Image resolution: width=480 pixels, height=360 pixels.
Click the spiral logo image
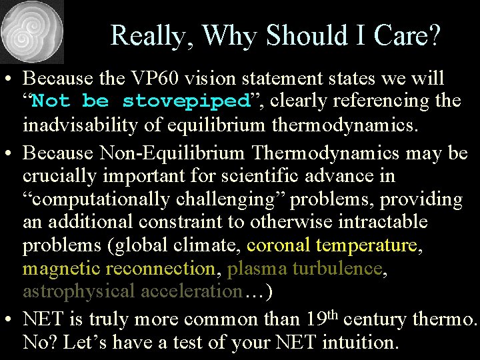point(32,32)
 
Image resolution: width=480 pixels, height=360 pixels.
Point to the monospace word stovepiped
point(185,101)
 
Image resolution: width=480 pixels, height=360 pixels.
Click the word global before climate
point(140,245)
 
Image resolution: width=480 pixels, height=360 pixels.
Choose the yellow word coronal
point(278,245)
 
